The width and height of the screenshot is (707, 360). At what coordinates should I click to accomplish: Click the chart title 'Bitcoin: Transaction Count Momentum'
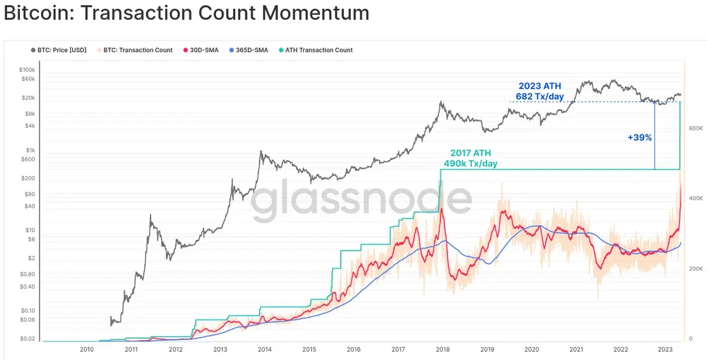186,13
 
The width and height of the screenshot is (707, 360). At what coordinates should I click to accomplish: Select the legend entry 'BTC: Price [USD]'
58,50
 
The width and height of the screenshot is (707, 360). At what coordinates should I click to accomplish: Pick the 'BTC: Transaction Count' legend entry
134,50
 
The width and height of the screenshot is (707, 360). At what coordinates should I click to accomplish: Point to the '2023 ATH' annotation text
540,86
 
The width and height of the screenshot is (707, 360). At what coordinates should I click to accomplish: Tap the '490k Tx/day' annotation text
470,164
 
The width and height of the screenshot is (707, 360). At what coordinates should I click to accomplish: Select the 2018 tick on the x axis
442,349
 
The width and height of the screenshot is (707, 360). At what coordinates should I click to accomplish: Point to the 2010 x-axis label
87,349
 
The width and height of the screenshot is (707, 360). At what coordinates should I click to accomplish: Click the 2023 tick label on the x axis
665,349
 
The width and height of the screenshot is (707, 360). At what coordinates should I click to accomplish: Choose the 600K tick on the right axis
695,129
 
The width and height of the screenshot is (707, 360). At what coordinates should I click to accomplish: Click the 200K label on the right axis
695,269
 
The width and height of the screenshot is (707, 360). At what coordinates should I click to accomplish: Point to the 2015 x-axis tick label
309,349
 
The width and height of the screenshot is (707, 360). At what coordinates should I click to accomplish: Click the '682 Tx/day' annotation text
540,96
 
